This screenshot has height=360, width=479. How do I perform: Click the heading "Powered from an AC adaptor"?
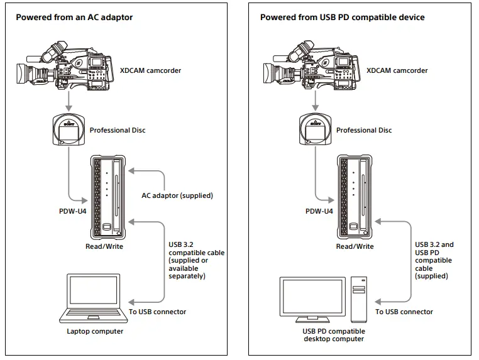[74, 17]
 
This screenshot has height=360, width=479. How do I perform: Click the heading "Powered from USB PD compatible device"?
[342, 17]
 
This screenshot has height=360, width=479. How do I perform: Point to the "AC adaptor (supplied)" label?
[178, 195]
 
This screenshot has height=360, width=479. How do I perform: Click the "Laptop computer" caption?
[95, 331]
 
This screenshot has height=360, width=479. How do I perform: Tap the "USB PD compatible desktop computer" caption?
[333, 335]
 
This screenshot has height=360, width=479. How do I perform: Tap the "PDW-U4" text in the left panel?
[73, 211]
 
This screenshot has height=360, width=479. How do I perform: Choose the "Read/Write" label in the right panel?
[355, 246]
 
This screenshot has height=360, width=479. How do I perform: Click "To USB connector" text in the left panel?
[157, 312]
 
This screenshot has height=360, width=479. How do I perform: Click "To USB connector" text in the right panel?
[404, 312]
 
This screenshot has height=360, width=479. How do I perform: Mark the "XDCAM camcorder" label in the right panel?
[397, 70]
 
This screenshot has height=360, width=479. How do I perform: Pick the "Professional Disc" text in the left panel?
[118, 130]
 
